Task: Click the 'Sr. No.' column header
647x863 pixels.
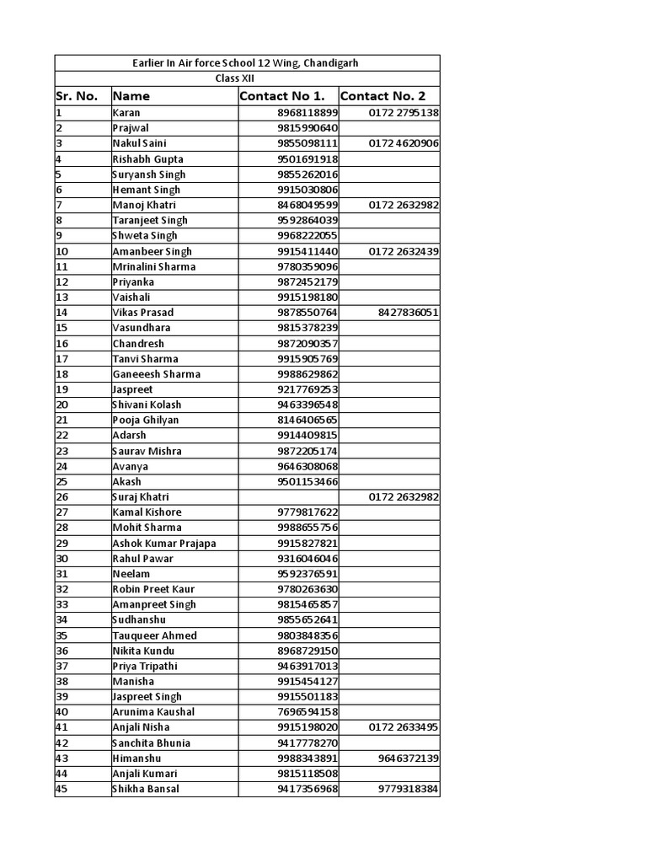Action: (x=78, y=96)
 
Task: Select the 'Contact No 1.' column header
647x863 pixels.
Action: (x=282, y=96)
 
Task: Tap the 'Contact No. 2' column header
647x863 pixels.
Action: (x=383, y=96)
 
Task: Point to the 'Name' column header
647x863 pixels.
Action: (x=131, y=96)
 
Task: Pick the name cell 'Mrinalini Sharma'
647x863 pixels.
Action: (x=153, y=266)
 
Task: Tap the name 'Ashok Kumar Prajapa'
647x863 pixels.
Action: (x=163, y=543)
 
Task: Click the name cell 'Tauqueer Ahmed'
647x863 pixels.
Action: (x=154, y=635)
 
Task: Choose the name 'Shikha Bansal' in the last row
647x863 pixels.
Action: (x=145, y=789)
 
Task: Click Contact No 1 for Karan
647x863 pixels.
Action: (x=307, y=113)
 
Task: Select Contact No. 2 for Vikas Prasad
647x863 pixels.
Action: (x=409, y=313)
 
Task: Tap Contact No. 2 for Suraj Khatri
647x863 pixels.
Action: (x=404, y=497)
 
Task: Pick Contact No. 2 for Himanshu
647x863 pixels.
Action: (x=409, y=758)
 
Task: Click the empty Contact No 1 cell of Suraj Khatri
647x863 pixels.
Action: (x=288, y=497)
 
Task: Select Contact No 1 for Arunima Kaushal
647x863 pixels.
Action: (x=307, y=712)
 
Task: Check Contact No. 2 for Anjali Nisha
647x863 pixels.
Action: (x=404, y=727)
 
